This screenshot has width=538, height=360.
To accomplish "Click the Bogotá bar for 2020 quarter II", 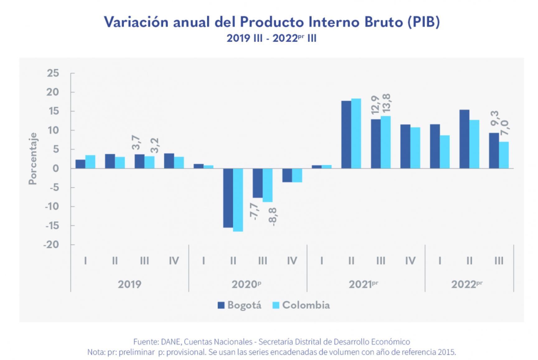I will coord(228,198).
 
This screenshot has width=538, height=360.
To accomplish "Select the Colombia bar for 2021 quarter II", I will coord(356,133).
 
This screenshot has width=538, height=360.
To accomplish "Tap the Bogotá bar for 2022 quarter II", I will coord(464,139).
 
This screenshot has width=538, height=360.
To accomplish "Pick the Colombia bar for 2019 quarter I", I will coord(90,162).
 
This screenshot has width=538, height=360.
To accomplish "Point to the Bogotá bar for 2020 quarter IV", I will coord(287,175).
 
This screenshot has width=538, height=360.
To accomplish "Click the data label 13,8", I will coord(386,103).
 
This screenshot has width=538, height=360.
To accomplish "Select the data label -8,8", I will coord(272,217).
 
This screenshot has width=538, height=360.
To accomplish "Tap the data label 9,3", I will coord(494,119).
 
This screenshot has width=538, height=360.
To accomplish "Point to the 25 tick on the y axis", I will coord(53,73).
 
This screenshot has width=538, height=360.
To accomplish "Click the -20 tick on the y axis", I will coord(51,245).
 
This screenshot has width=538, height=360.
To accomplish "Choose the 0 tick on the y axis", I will coord(56,169).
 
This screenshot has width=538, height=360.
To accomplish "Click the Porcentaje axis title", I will coord(33,159).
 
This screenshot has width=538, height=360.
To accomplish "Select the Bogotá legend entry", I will coord(239,305).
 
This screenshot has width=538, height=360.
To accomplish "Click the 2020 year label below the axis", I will coord(246,284).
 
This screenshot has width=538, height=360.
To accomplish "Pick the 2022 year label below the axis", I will coord(466,284).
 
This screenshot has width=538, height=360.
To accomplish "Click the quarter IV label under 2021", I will coord(410,261).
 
